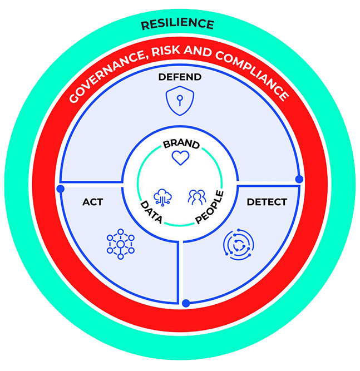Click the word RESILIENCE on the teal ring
pyautogui.click(x=177, y=24)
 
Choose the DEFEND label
pyautogui.click(x=180, y=77)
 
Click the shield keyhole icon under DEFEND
pyautogui.click(x=180, y=101)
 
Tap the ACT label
pyautogui.click(x=92, y=202)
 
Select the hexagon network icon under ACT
pyautogui.click(x=121, y=244)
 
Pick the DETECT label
pyautogui.click(x=267, y=202)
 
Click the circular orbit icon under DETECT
pyautogui.click(x=239, y=244)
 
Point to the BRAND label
pyautogui.click(x=181, y=144)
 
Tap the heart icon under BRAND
pyautogui.click(x=180, y=158)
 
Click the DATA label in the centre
pyautogui.click(x=151, y=212)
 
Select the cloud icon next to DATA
pyautogui.click(x=162, y=197)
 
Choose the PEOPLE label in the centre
pyautogui.click(x=209, y=207)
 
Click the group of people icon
pyautogui.click(x=197, y=197)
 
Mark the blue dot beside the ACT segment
pyautogui.click(x=61, y=189)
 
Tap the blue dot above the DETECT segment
pyautogui.click(x=299, y=179)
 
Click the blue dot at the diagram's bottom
pyautogui.click(x=186, y=303)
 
